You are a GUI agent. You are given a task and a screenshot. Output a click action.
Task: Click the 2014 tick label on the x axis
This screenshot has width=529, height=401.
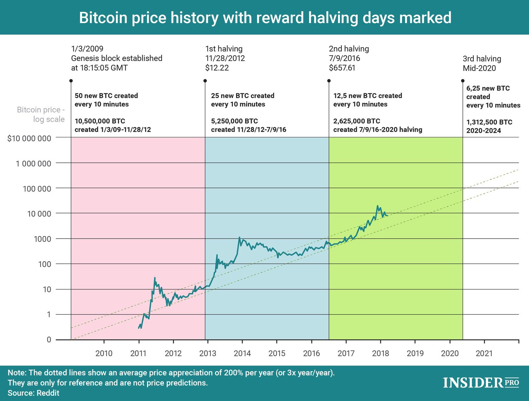(242, 353)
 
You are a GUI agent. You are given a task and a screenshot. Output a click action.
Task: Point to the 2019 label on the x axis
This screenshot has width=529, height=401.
(415, 353)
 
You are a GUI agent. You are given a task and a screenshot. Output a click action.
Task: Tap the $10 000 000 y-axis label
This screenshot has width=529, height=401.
(29, 138)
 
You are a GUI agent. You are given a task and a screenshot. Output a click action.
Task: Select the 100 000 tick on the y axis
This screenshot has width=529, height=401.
(37, 189)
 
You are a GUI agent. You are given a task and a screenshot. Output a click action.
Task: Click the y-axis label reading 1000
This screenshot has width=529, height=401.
(42, 239)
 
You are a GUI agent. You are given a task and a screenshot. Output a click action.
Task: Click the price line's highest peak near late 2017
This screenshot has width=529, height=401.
(377, 206)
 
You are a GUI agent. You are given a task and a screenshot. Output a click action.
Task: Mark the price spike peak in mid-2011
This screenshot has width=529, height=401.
(155, 278)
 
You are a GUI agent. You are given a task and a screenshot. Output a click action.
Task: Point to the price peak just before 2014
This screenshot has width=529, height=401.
(239, 237)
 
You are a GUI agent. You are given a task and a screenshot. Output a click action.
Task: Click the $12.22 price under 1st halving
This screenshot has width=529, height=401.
(217, 68)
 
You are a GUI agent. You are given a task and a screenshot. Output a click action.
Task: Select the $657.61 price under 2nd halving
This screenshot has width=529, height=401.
(342, 68)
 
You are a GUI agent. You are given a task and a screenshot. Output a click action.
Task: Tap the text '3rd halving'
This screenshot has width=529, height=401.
(482, 59)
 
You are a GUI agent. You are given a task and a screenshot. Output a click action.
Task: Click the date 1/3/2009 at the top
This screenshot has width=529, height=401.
(87, 49)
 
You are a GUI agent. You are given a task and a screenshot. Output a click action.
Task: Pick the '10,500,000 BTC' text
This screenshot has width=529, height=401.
(100, 121)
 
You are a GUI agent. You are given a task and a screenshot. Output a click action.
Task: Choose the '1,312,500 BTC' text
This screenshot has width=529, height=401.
(489, 122)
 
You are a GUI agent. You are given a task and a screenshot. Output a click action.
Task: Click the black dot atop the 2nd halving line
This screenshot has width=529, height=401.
(329, 81)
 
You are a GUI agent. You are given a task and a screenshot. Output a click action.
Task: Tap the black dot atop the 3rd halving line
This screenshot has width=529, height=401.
(463, 81)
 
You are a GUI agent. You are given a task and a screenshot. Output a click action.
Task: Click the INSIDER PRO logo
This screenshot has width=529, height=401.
(481, 383)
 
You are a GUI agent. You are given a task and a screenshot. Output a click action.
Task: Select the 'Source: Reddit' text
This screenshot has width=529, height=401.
(33, 393)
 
